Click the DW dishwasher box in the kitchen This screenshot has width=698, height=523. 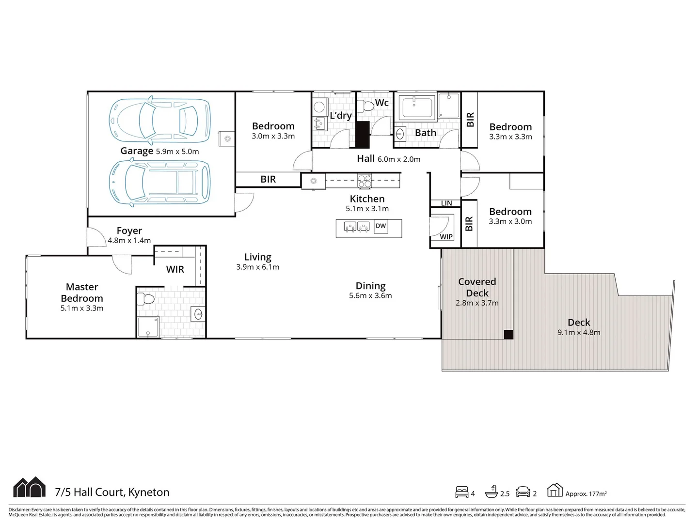[x=381, y=226]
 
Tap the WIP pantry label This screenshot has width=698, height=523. [x=446, y=237]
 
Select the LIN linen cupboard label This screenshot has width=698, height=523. [x=446, y=203]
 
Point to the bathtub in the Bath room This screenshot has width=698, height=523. [x=417, y=108]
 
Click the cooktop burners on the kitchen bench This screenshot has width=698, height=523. [x=365, y=181]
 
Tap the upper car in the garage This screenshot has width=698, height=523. [x=159, y=120]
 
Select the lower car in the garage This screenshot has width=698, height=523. [x=159, y=184]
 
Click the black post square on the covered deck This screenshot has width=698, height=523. [x=508, y=334]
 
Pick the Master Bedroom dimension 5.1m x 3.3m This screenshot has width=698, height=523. [x=82, y=308]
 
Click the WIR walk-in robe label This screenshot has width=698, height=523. [x=175, y=270]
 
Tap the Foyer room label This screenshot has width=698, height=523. [x=129, y=231]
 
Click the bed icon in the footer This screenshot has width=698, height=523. [x=462, y=492]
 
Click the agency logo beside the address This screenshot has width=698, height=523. [x=30, y=488]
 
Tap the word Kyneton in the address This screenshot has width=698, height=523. [x=149, y=492]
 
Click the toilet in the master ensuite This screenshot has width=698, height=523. [x=145, y=298]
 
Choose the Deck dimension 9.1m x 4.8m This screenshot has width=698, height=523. [x=579, y=333]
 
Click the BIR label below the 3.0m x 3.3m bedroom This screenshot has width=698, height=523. [x=268, y=179]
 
